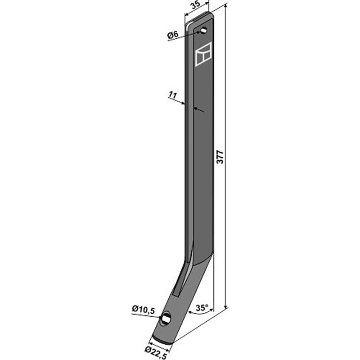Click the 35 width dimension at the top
click(x=196, y=5)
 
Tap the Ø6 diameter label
click(x=173, y=35)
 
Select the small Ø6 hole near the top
click(x=204, y=30)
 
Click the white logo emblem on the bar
click(x=203, y=54)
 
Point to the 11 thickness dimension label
click(x=173, y=95)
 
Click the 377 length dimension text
click(x=220, y=157)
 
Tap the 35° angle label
click(x=202, y=308)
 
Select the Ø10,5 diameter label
click(x=144, y=310)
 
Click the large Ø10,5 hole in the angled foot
click(x=166, y=318)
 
